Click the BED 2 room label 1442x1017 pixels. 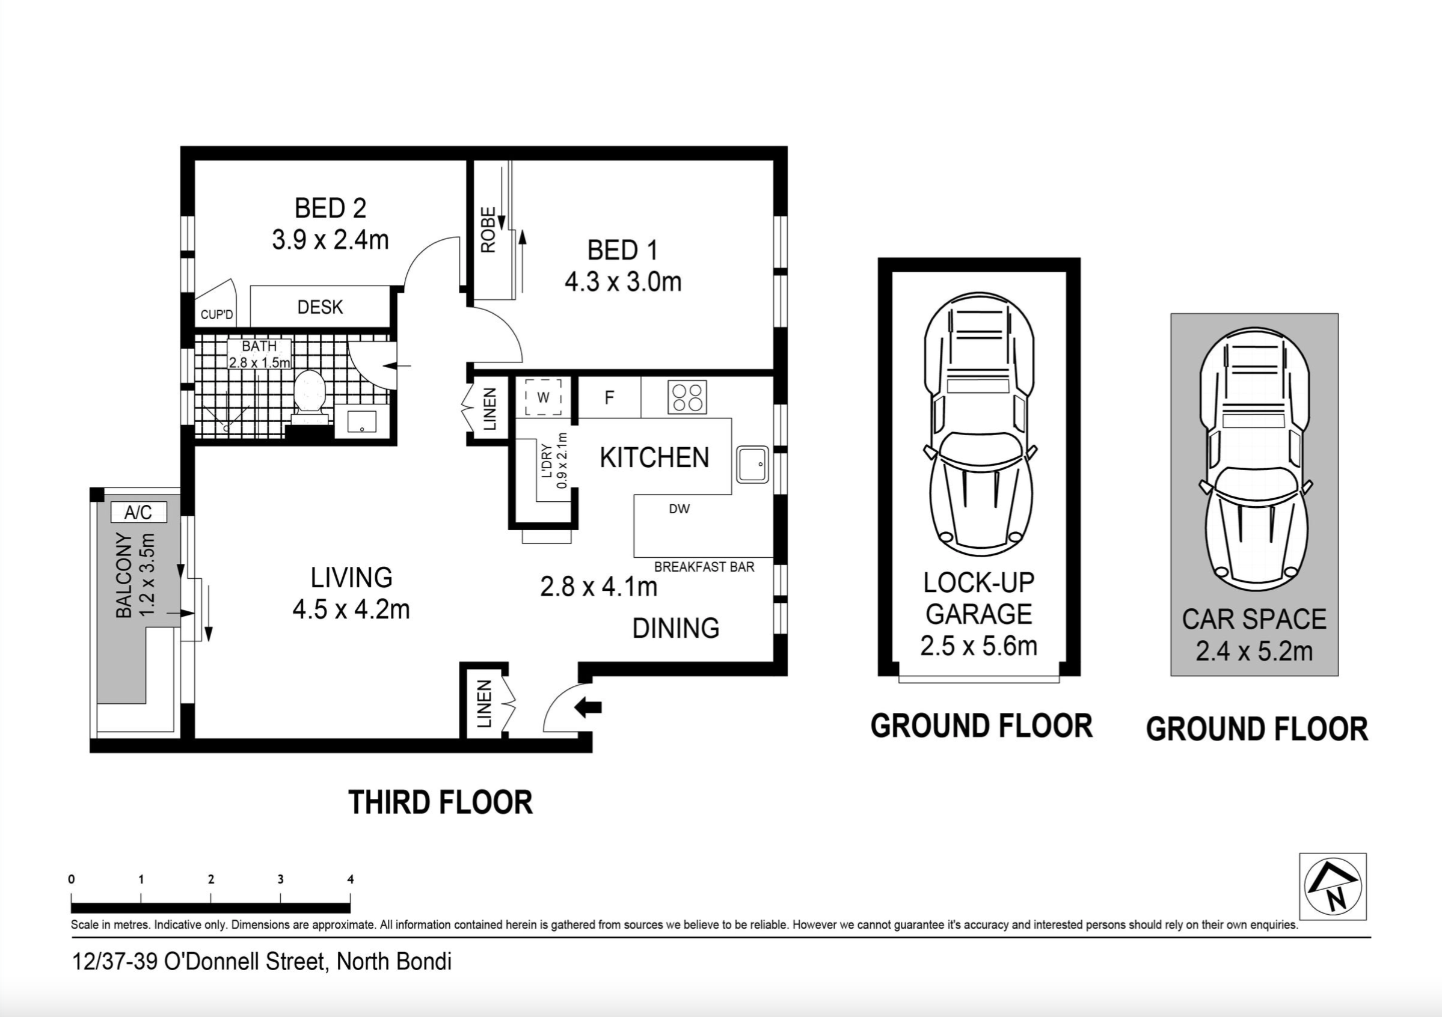click(x=330, y=209)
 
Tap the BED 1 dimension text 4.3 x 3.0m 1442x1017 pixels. click(x=623, y=282)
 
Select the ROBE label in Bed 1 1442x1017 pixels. click(x=489, y=230)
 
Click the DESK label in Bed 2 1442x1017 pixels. click(x=321, y=307)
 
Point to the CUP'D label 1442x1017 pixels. click(x=216, y=314)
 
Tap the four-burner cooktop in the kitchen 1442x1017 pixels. click(x=687, y=397)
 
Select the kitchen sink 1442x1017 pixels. click(x=752, y=465)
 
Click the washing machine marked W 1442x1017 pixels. click(x=543, y=397)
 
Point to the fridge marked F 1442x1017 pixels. click(x=609, y=397)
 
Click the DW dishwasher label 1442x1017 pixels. click(x=679, y=509)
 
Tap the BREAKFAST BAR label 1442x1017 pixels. click(x=704, y=567)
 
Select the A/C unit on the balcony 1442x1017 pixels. click(x=138, y=512)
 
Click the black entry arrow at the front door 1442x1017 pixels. click(x=589, y=707)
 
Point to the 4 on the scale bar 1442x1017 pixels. click(x=351, y=879)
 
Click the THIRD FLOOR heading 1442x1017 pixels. click(x=440, y=802)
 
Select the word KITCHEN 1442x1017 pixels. click(x=654, y=457)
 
